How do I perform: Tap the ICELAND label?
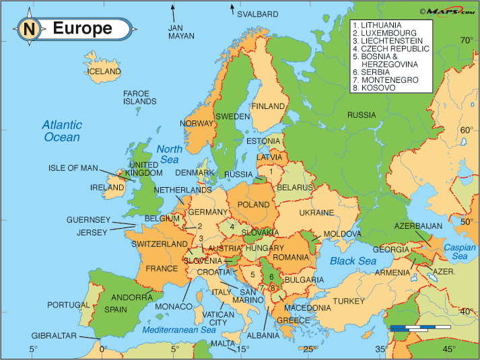(104, 71)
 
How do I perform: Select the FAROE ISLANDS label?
(139, 97)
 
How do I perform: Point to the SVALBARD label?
(257, 13)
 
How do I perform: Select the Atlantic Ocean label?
(62, 131)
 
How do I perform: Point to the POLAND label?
(253, 204)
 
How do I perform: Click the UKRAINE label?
(316, 213)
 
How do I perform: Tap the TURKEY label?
(347, 300)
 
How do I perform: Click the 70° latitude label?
(466, 40)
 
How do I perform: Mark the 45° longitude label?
(448, 349)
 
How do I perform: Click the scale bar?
(419, 328)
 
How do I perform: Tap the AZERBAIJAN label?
(417, 225)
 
